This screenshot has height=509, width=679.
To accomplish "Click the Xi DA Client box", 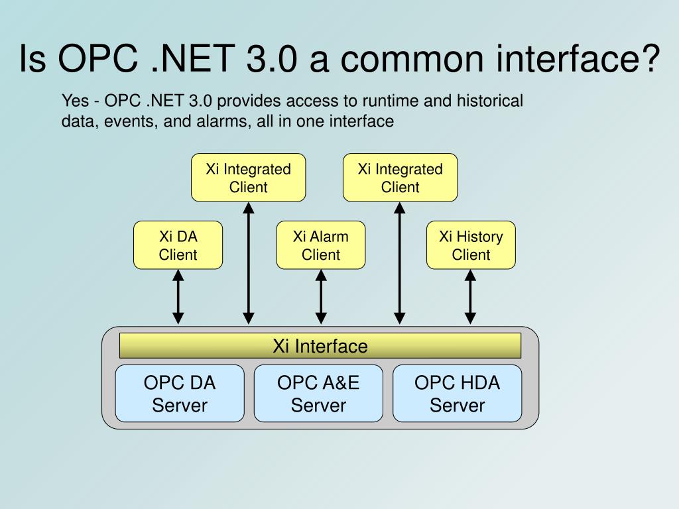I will (178, 245).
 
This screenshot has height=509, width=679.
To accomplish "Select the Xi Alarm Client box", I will (320, 245).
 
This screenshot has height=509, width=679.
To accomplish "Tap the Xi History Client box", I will (471, 245).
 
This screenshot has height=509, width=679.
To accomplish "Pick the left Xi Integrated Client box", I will (248, 178).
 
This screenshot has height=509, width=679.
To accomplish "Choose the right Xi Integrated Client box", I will (400, 178).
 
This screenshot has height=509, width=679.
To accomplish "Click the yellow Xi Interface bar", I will (320, 346).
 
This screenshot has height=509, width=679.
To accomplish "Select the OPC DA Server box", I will (180, 393).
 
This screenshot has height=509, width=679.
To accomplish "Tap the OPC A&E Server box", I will (318, 393).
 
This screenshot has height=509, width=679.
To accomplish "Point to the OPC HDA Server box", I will (457, 393).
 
